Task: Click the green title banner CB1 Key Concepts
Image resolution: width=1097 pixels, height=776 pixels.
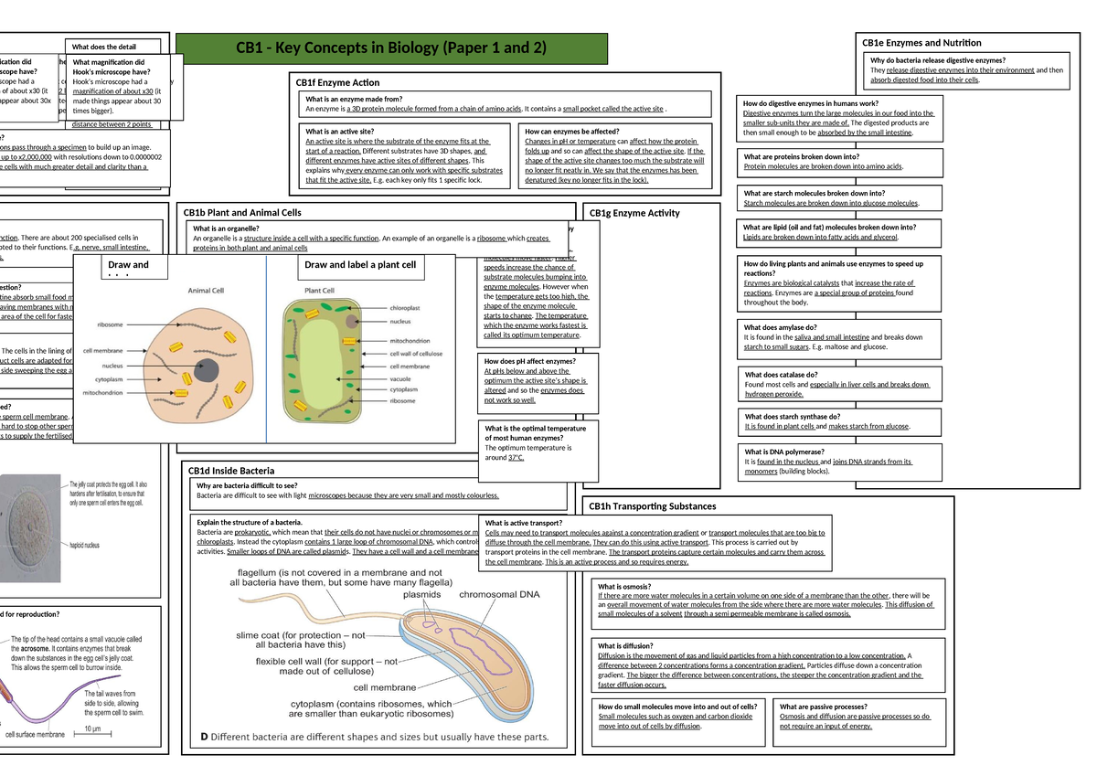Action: (x=391, y=48)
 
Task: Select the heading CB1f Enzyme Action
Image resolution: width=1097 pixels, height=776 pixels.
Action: (x=337, y=82)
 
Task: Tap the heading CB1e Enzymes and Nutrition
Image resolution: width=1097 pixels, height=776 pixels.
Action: (x=922, y=43)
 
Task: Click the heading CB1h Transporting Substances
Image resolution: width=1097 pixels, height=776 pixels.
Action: (x=652, y=505)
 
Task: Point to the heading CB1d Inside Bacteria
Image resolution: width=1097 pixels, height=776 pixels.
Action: (x=231, y=471)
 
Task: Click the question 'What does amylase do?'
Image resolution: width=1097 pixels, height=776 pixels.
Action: (x=780, y=327)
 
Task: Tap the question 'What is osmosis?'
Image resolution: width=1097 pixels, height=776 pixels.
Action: (x=625, y=587)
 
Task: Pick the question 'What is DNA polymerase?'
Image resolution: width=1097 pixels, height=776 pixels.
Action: (x=784, y=452)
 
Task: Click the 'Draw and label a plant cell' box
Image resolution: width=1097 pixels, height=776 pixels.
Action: (x=359, y=266)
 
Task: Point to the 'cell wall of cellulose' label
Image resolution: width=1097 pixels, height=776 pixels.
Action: (x=416, y=354)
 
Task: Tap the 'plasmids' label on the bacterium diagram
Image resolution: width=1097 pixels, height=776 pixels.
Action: (x=421, y=594)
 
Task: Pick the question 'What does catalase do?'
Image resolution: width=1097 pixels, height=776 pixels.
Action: (x=781, y=375)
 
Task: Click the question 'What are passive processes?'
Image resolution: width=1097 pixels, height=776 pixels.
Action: (x=823, y=707)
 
